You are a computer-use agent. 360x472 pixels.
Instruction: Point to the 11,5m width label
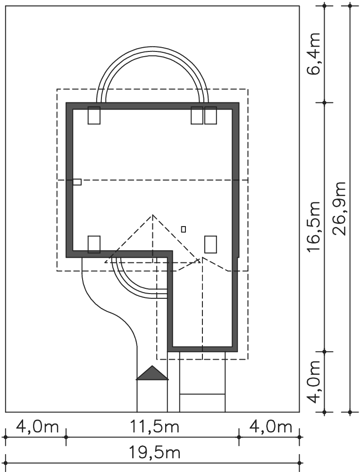[x=155, y=427]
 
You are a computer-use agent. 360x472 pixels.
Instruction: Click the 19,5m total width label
[x=155, y=453]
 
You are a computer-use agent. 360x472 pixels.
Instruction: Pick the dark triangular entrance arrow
[x=152, y=373]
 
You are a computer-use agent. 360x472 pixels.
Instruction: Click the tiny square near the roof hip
[x=184, y=229]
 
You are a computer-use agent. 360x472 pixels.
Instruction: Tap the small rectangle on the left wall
[x=77, y=182]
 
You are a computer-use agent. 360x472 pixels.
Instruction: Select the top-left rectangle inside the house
[x=94, y=115]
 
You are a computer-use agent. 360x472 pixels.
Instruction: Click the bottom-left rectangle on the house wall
[x=94, y=244]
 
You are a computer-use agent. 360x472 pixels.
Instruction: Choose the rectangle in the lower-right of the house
[x=210, y=244]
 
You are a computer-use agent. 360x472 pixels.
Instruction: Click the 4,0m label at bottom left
[x=37, y=427]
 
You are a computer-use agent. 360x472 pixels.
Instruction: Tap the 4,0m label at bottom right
[x=271, y=427]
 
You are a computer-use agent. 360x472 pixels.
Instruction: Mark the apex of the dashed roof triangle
[x=152, y=215]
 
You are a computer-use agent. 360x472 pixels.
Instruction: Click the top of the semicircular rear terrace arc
[x=152, y=47]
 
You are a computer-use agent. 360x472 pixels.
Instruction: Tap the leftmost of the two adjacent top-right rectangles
[x=197, y=115]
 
